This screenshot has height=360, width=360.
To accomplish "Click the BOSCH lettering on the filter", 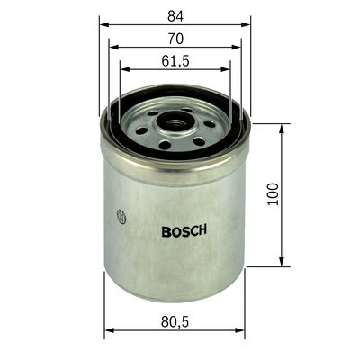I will [x=184, y=229].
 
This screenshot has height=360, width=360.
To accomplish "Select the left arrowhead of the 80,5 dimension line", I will [x=108, y=331].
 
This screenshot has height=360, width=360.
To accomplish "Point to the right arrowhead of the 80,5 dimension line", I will [x=244, y=331].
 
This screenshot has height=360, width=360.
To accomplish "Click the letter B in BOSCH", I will [x=166, y=229].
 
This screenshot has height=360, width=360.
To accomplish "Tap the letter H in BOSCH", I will [x=203, y=229].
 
